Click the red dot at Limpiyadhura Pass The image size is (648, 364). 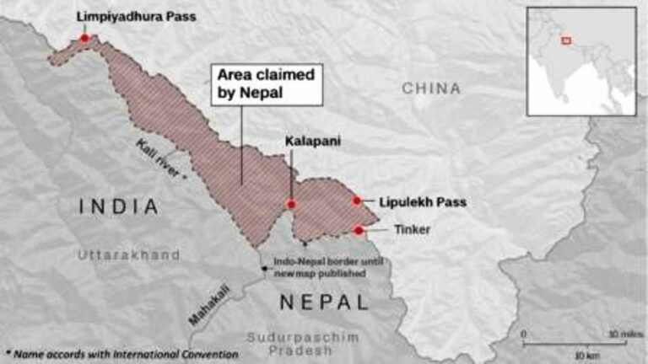[x=84, y=38]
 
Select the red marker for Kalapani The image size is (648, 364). [x=291, y=204]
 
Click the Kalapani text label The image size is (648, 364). [x=312, y=142]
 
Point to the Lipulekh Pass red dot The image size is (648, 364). [x=357, y=201]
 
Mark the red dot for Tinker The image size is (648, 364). [x=359, y=230]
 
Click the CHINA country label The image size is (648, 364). [x=431, y=88]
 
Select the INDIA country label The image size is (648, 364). [x=119, y=206]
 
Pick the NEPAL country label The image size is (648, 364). [x=324, y=302]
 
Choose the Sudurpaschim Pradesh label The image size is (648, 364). [x=302, y=344]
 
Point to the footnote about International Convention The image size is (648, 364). [x=121, y=355]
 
